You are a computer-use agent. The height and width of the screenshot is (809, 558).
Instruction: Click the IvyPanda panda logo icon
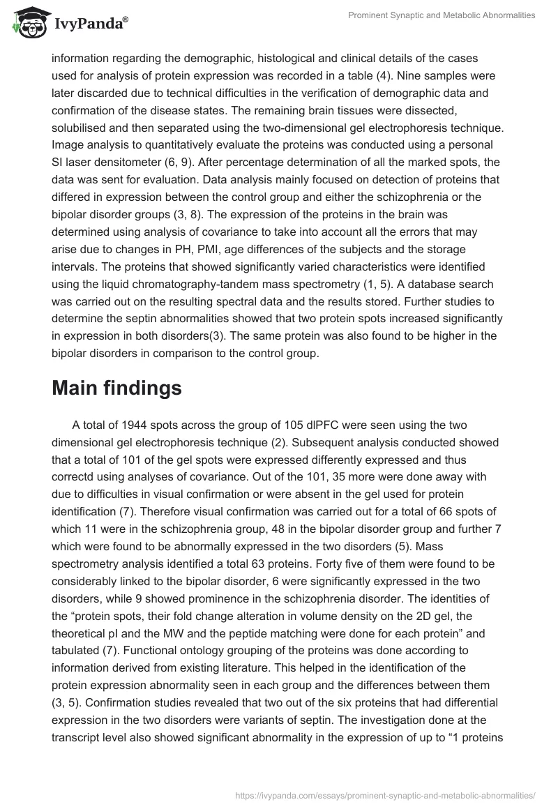(26, 22)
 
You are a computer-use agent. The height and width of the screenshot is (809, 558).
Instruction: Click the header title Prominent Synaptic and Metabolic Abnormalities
(439, 15)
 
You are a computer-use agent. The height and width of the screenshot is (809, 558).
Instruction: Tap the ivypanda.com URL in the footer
(386, 794)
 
